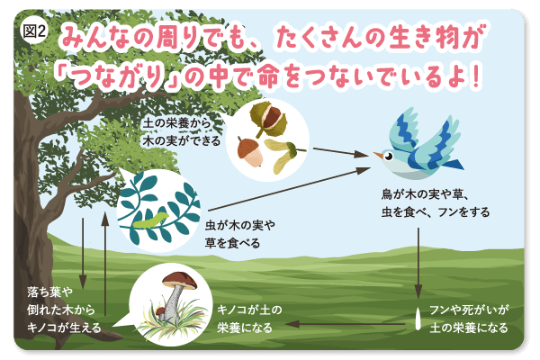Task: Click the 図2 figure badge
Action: (34, 31)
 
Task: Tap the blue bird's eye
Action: (389, 157)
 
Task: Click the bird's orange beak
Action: (378, 155)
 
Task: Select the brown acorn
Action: (250, 151)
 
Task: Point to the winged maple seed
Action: (284, 154)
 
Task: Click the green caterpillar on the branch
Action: (151, 220)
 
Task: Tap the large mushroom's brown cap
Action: (180, 281)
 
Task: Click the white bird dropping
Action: (418, 319)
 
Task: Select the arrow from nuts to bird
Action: (340, 152)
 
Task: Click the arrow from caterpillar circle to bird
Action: (289, 189)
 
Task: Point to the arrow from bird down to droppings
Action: (418, 263)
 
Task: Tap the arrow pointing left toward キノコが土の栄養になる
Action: (345, 324)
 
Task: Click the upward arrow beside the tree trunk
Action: (105, 264)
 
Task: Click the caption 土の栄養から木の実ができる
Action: (182, 132)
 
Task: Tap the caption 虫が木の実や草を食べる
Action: (240, 235)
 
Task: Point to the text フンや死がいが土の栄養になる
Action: (469, 319)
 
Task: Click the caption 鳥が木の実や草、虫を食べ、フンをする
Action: (436, 203)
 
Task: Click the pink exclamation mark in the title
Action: (476, 75)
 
